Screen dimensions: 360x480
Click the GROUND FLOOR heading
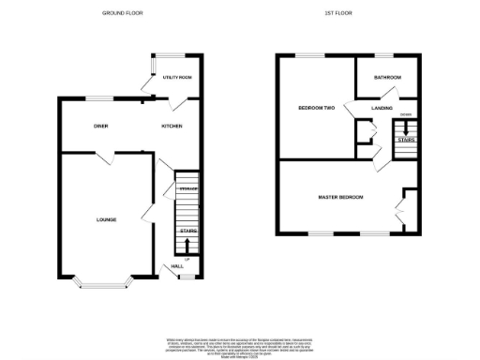coord(123,13)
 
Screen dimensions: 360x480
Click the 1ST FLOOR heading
coord(337,13)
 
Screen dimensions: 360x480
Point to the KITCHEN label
coord(171,126)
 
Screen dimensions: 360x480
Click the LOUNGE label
coord(106,219)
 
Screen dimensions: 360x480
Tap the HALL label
coord(175,266)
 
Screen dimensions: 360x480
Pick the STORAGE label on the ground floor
coord(188,189)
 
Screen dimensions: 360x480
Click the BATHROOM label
coord(386,77)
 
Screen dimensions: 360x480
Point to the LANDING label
coord(382,109)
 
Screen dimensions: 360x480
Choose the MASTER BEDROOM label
coord(340,197)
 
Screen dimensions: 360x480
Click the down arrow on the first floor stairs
coord(405,127)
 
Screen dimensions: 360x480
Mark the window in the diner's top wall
coord(100,97)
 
